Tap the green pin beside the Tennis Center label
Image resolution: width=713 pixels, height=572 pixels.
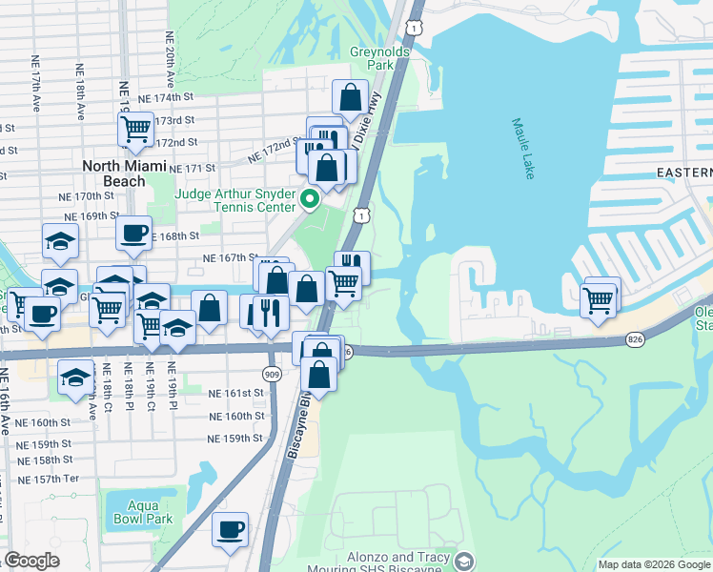pyautogui.click(x=309, y=199)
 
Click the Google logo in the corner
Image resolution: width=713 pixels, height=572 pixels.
pyautogui.click(x=32, y=561)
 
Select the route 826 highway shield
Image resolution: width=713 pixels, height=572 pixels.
pyautogui.click(x=637, y=339)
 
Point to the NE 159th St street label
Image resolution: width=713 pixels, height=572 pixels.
pyautogui.click(x=235, y=439)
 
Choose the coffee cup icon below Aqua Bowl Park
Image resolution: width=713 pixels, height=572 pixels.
pyautogui.click(x=230, y=529)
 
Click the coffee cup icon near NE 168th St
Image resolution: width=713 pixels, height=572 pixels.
pyautogui.click(x=133, y=232)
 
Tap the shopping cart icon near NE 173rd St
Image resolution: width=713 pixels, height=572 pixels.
pyautogui.click(x=135, y=128)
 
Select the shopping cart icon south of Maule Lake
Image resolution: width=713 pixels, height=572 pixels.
pyautogui.click(x=599, y=300)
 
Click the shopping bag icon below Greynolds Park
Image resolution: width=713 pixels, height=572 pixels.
pyautogui.click(x=350, y=97)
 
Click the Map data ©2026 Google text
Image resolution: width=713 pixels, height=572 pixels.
pyautogui.click(x=653, y=564)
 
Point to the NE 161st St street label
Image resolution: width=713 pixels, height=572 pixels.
pyautogui.click(x=235, y=393)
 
